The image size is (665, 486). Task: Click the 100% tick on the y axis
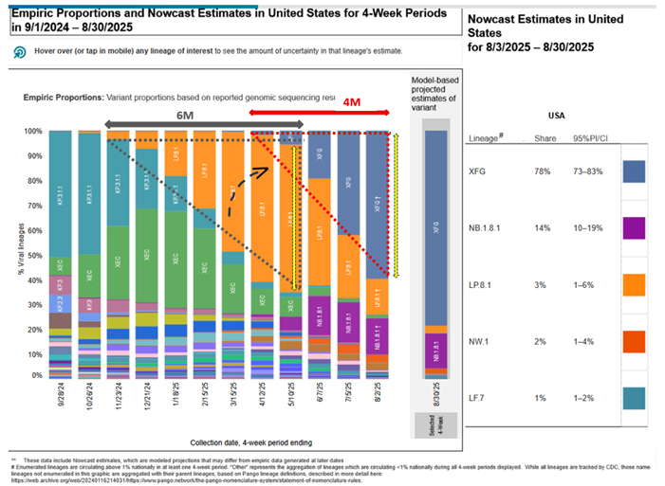(34, 132)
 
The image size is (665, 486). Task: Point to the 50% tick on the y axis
(36, 256)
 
